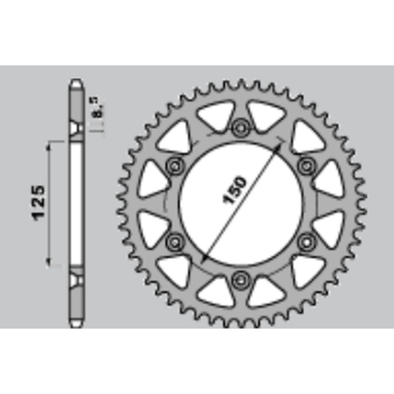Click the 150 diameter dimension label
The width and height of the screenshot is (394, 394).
click(x=234, y=190)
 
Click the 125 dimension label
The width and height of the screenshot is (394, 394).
click(x=38, y=203)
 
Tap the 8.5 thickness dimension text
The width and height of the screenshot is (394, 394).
click(x=98, y=107)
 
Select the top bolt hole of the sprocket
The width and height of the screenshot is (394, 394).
click(x=241, y=127)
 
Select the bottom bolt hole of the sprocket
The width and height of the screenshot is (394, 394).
click(x=241, y=280)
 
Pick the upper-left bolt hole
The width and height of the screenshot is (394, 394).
click(x=174, y=166)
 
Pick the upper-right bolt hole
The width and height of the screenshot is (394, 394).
click(x=306, y=166)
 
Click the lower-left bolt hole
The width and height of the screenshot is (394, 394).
click(x=174, y=241)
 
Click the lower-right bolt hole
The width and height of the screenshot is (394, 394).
click(x=306, y=241)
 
